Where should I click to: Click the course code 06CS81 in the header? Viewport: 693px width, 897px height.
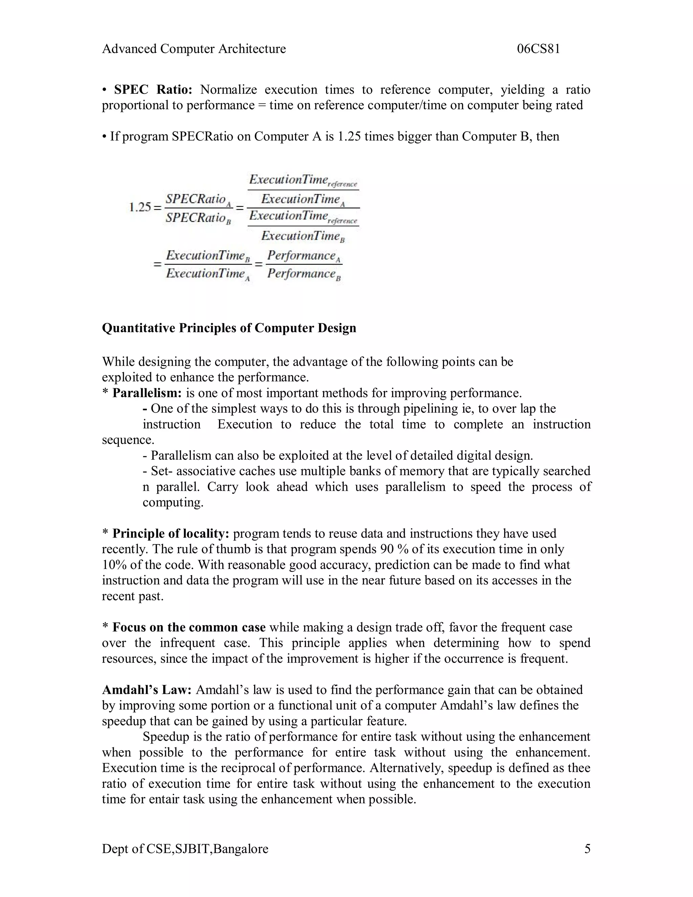(538, 49)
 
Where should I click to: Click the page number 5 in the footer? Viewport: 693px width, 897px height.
(587, 849)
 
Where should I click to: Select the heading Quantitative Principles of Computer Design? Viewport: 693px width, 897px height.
(229, 328)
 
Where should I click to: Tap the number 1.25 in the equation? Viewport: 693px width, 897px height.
(140, 207)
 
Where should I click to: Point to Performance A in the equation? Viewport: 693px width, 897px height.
(304, 256)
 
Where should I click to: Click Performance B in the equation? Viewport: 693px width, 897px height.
(304, 274)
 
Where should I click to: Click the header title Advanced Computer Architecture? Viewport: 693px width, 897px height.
(194, 49)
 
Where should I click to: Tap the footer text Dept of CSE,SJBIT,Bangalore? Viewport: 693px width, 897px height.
(185, 849)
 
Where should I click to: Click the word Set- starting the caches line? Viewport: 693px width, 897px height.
(158, 471)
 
